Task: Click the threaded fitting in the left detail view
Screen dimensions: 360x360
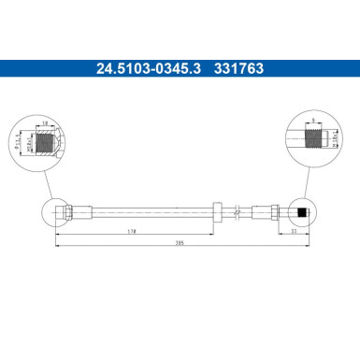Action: click(46, 143)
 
